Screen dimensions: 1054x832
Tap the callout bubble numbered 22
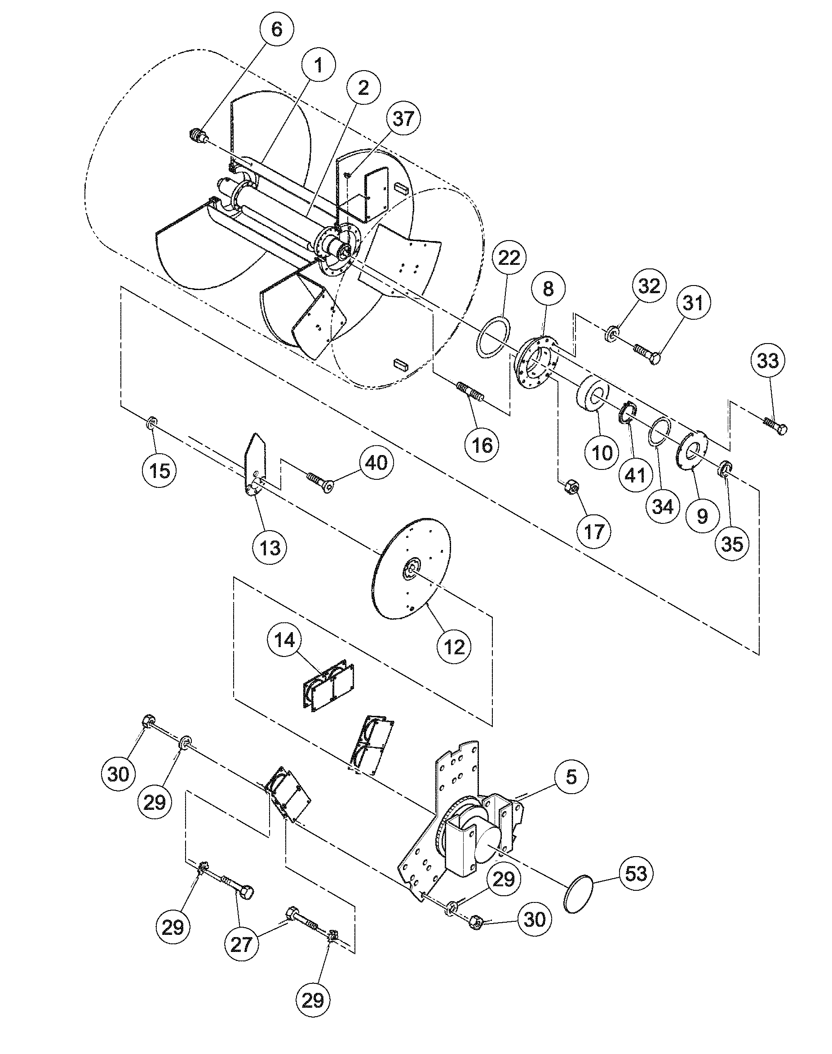[x=509, y=258]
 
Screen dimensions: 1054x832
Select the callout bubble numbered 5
[x=571, y=777]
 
